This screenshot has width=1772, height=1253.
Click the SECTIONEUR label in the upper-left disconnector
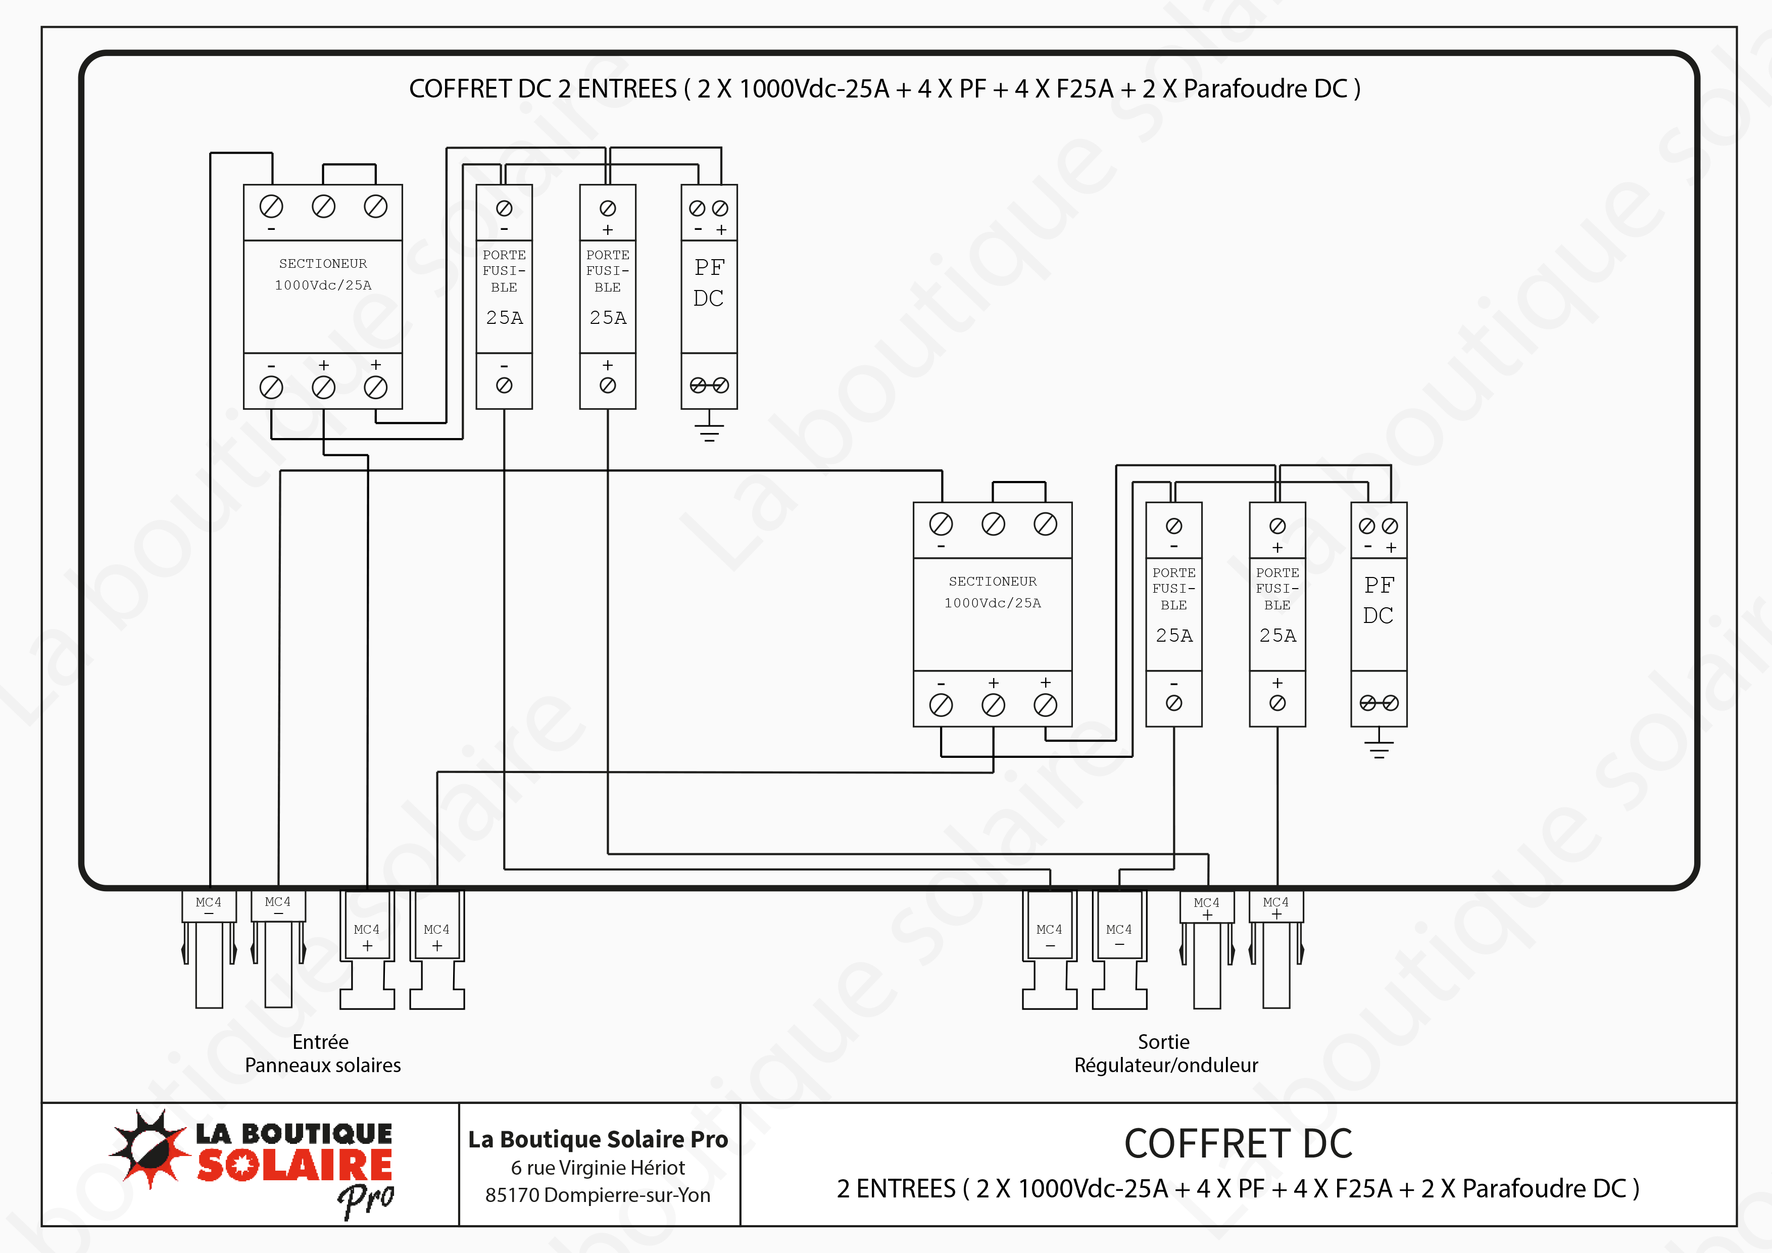click(x=323, y=263)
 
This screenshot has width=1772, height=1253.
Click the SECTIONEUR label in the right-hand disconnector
click(x=993, y=582)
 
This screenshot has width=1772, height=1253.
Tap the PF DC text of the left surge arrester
click(x=709, y=282)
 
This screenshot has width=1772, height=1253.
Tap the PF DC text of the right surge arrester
click(x=1379, y=600)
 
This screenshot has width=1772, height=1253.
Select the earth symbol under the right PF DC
click(x=1379, y=747)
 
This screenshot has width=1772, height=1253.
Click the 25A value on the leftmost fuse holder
click(x=504, y=317)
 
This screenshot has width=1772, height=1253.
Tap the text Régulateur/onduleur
click(x=1165, y=1066)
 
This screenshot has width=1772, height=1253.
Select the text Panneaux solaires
click(x=323, y=1066)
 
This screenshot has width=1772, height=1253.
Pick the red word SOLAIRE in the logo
click(x=295, y=1165)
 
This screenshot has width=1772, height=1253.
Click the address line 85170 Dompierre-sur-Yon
click(x=598, y=1195)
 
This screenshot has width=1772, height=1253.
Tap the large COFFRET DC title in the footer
click(x=1238, y=1143)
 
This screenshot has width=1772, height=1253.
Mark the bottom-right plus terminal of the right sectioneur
click(x=1045, y=704)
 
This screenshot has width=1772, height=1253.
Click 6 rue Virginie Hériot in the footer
click(x=598, y=1167)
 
